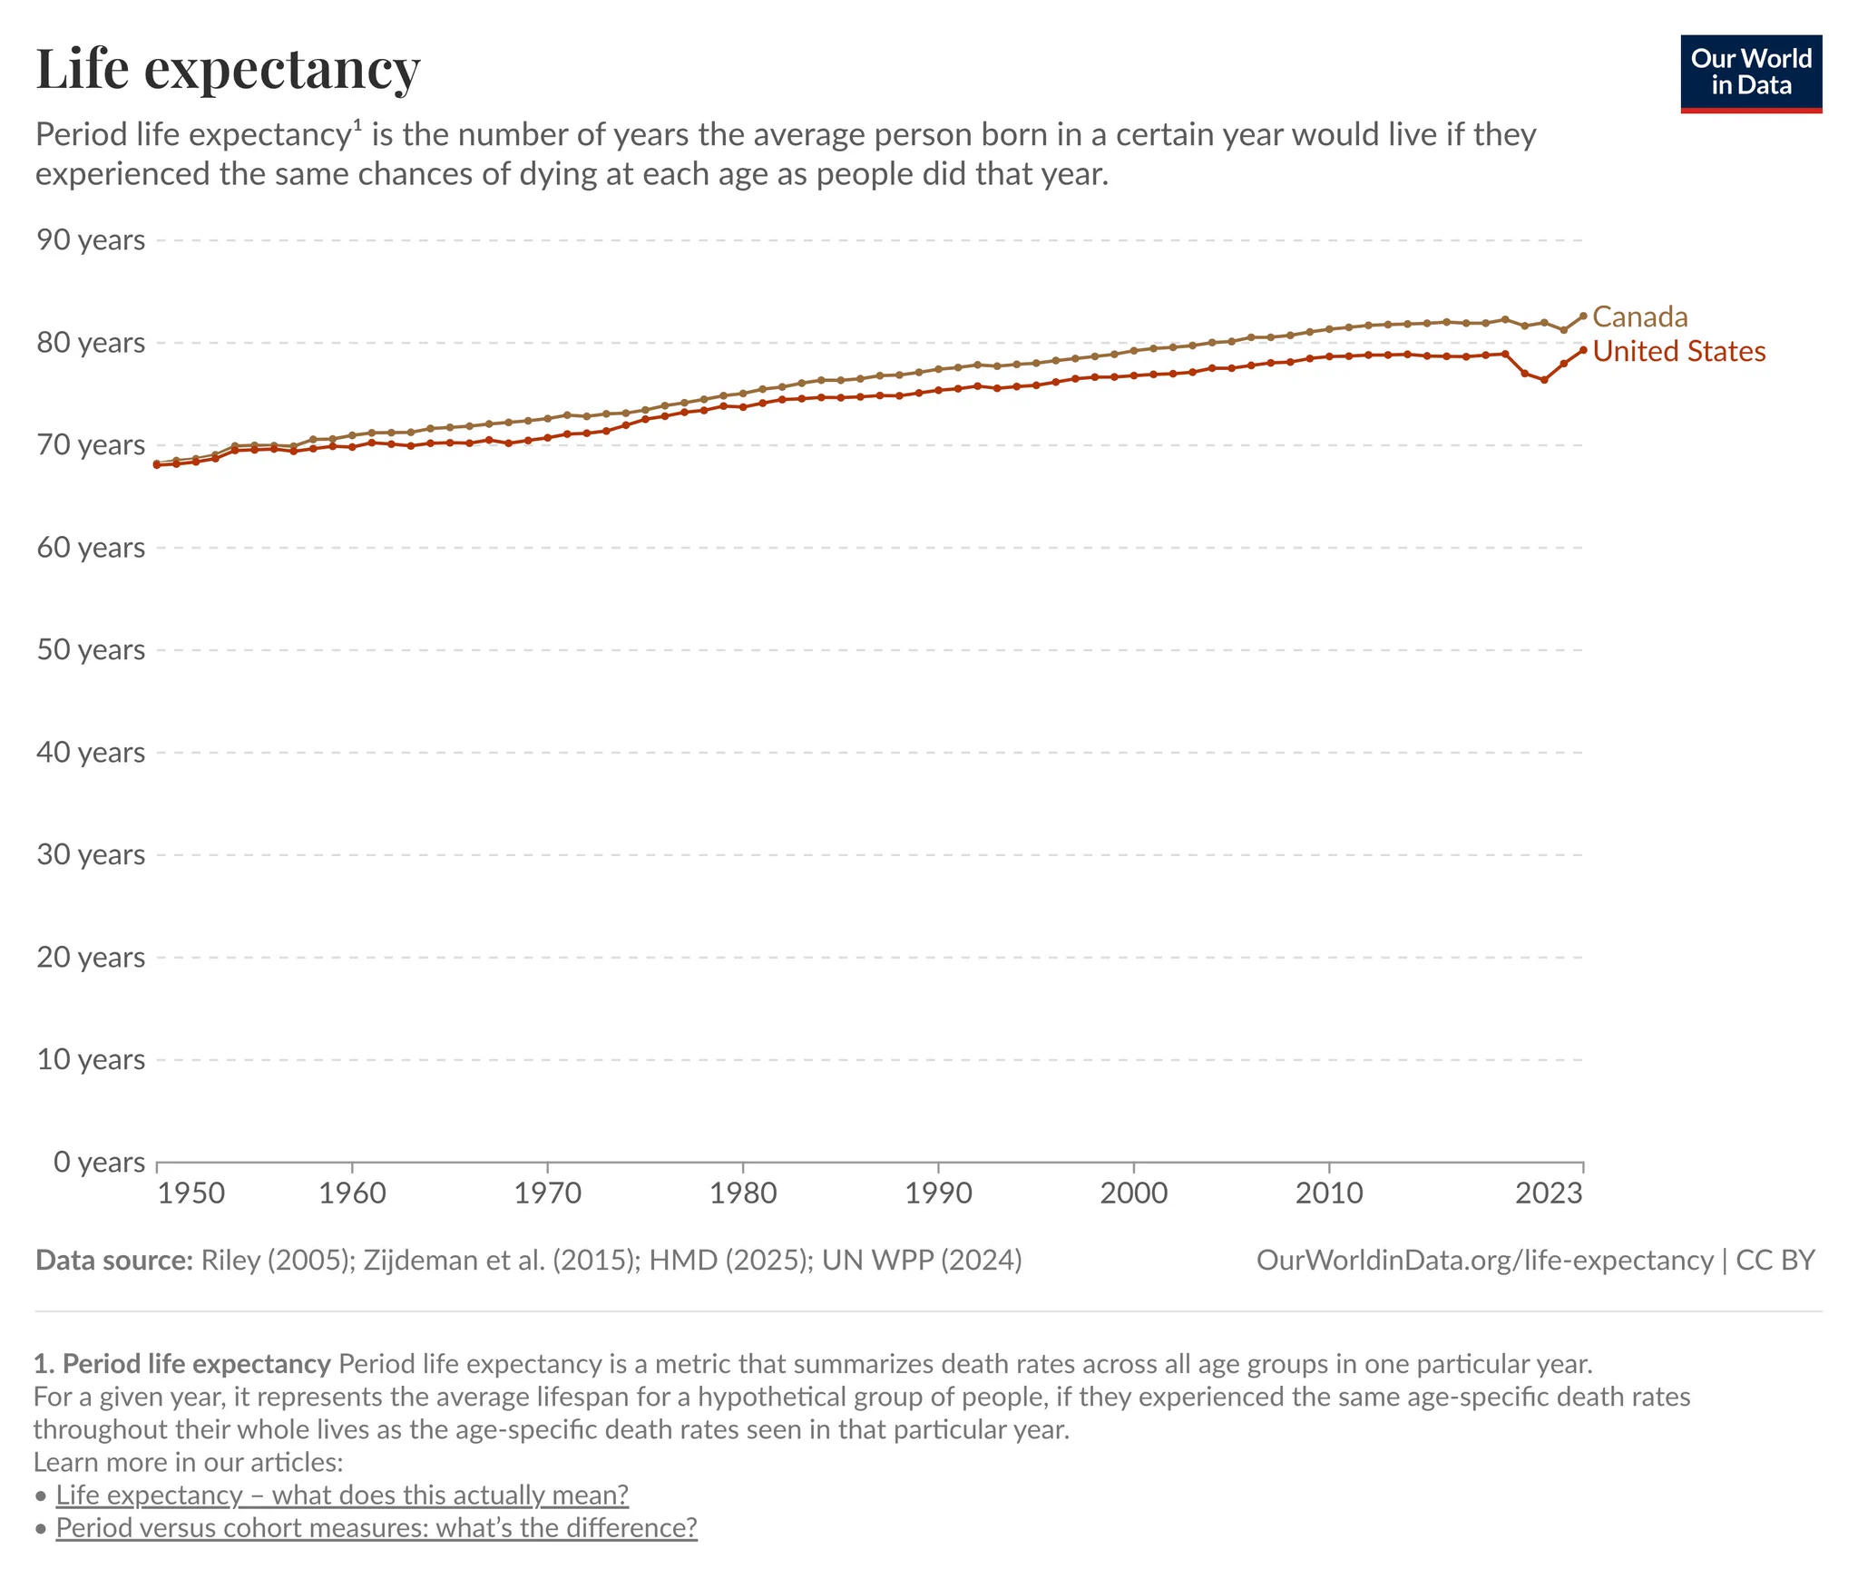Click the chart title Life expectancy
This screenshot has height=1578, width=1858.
coord(228,70)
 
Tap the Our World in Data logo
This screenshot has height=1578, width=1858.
coord(1751,73)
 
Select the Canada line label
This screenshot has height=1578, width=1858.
coord(1640,317)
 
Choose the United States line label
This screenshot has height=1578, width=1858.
coord(1679,351)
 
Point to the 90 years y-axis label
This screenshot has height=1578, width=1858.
coord(91,240)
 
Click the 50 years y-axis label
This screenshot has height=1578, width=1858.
coord(91,650)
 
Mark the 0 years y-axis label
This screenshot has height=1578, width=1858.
coord(99,1162)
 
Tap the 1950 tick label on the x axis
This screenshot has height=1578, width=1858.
coord(191,1193)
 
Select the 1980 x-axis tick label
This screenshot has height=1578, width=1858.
coord(743,1193)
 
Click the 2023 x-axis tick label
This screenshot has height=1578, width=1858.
coord(1550,1193)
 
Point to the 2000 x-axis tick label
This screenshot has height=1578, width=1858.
coord(1134,1193)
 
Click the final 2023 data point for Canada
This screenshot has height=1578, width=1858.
coord(1583,316)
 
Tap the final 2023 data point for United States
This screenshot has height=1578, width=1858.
coord(1583,350)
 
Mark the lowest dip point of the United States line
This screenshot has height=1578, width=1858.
coord(1544,380)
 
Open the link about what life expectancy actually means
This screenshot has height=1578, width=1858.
coord(342,1495)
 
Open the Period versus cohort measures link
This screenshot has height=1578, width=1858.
coord(376,1528)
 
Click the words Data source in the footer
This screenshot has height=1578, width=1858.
coord(114,1261)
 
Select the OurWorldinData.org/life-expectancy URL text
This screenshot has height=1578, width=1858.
coord(1485,1261)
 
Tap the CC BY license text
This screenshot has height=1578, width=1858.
coord(1775,1261)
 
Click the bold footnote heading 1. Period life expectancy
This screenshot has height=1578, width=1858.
coord(182,1365)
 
